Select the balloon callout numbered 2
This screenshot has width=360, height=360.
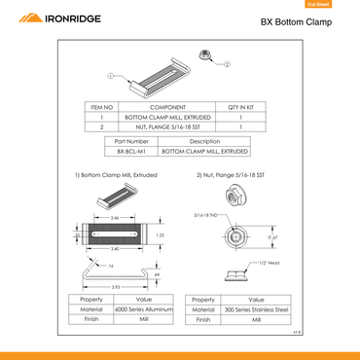click(x=227, y=63)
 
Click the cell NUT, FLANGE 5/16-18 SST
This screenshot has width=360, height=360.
click(x=154, y=126)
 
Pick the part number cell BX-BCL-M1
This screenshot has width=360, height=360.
click(x=130, y=152)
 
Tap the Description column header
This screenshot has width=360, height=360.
click(x=203, y=142)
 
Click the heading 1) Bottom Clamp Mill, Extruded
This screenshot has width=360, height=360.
click(x=116, y=175)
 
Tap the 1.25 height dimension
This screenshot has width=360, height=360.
click(x=159, y=234)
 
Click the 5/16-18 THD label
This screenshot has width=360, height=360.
click(x=204, y=214)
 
